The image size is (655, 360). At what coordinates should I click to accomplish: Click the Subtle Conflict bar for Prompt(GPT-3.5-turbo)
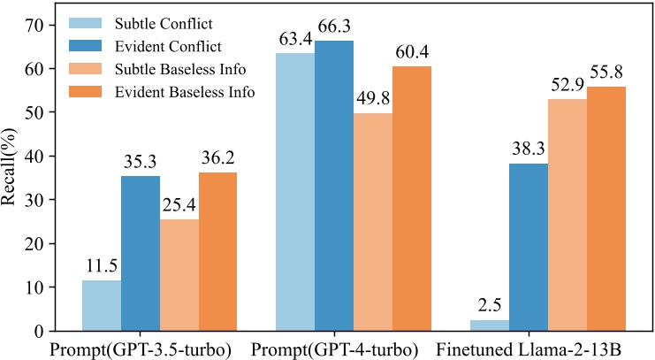point(102,305)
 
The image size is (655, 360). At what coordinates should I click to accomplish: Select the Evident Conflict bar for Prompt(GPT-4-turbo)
point(334,186)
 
